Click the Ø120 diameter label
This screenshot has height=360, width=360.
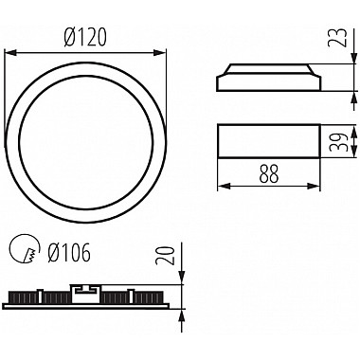[85, 37]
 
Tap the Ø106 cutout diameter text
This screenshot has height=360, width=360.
[69, 252]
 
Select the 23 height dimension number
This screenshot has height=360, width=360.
[338, 38]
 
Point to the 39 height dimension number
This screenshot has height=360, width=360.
[338, 141]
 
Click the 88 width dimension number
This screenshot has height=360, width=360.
[269, 173]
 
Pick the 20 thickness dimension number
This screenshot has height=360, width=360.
[167, 256]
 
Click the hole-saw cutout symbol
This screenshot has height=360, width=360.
[25, 248]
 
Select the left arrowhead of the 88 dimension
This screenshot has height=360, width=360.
[224, 187]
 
